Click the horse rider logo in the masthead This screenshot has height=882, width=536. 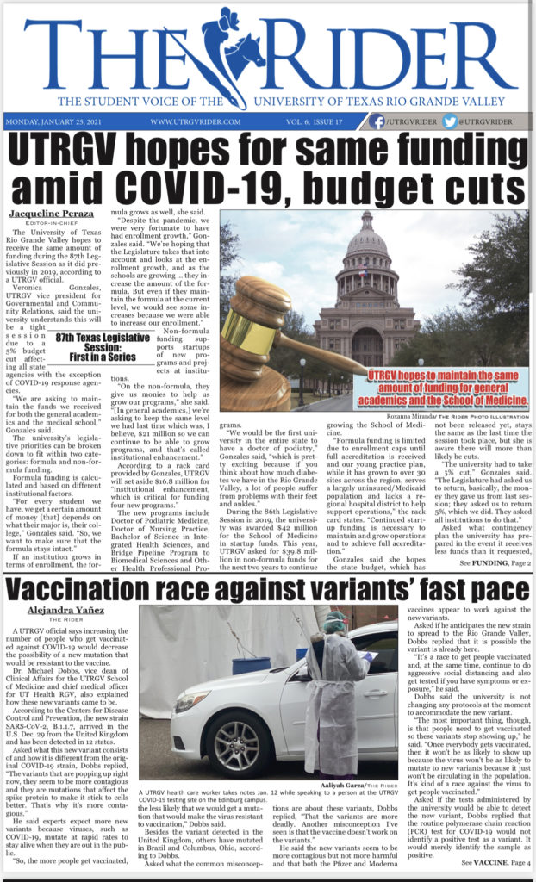[235, 46]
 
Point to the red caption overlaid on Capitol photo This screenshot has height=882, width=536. [446, 388]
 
